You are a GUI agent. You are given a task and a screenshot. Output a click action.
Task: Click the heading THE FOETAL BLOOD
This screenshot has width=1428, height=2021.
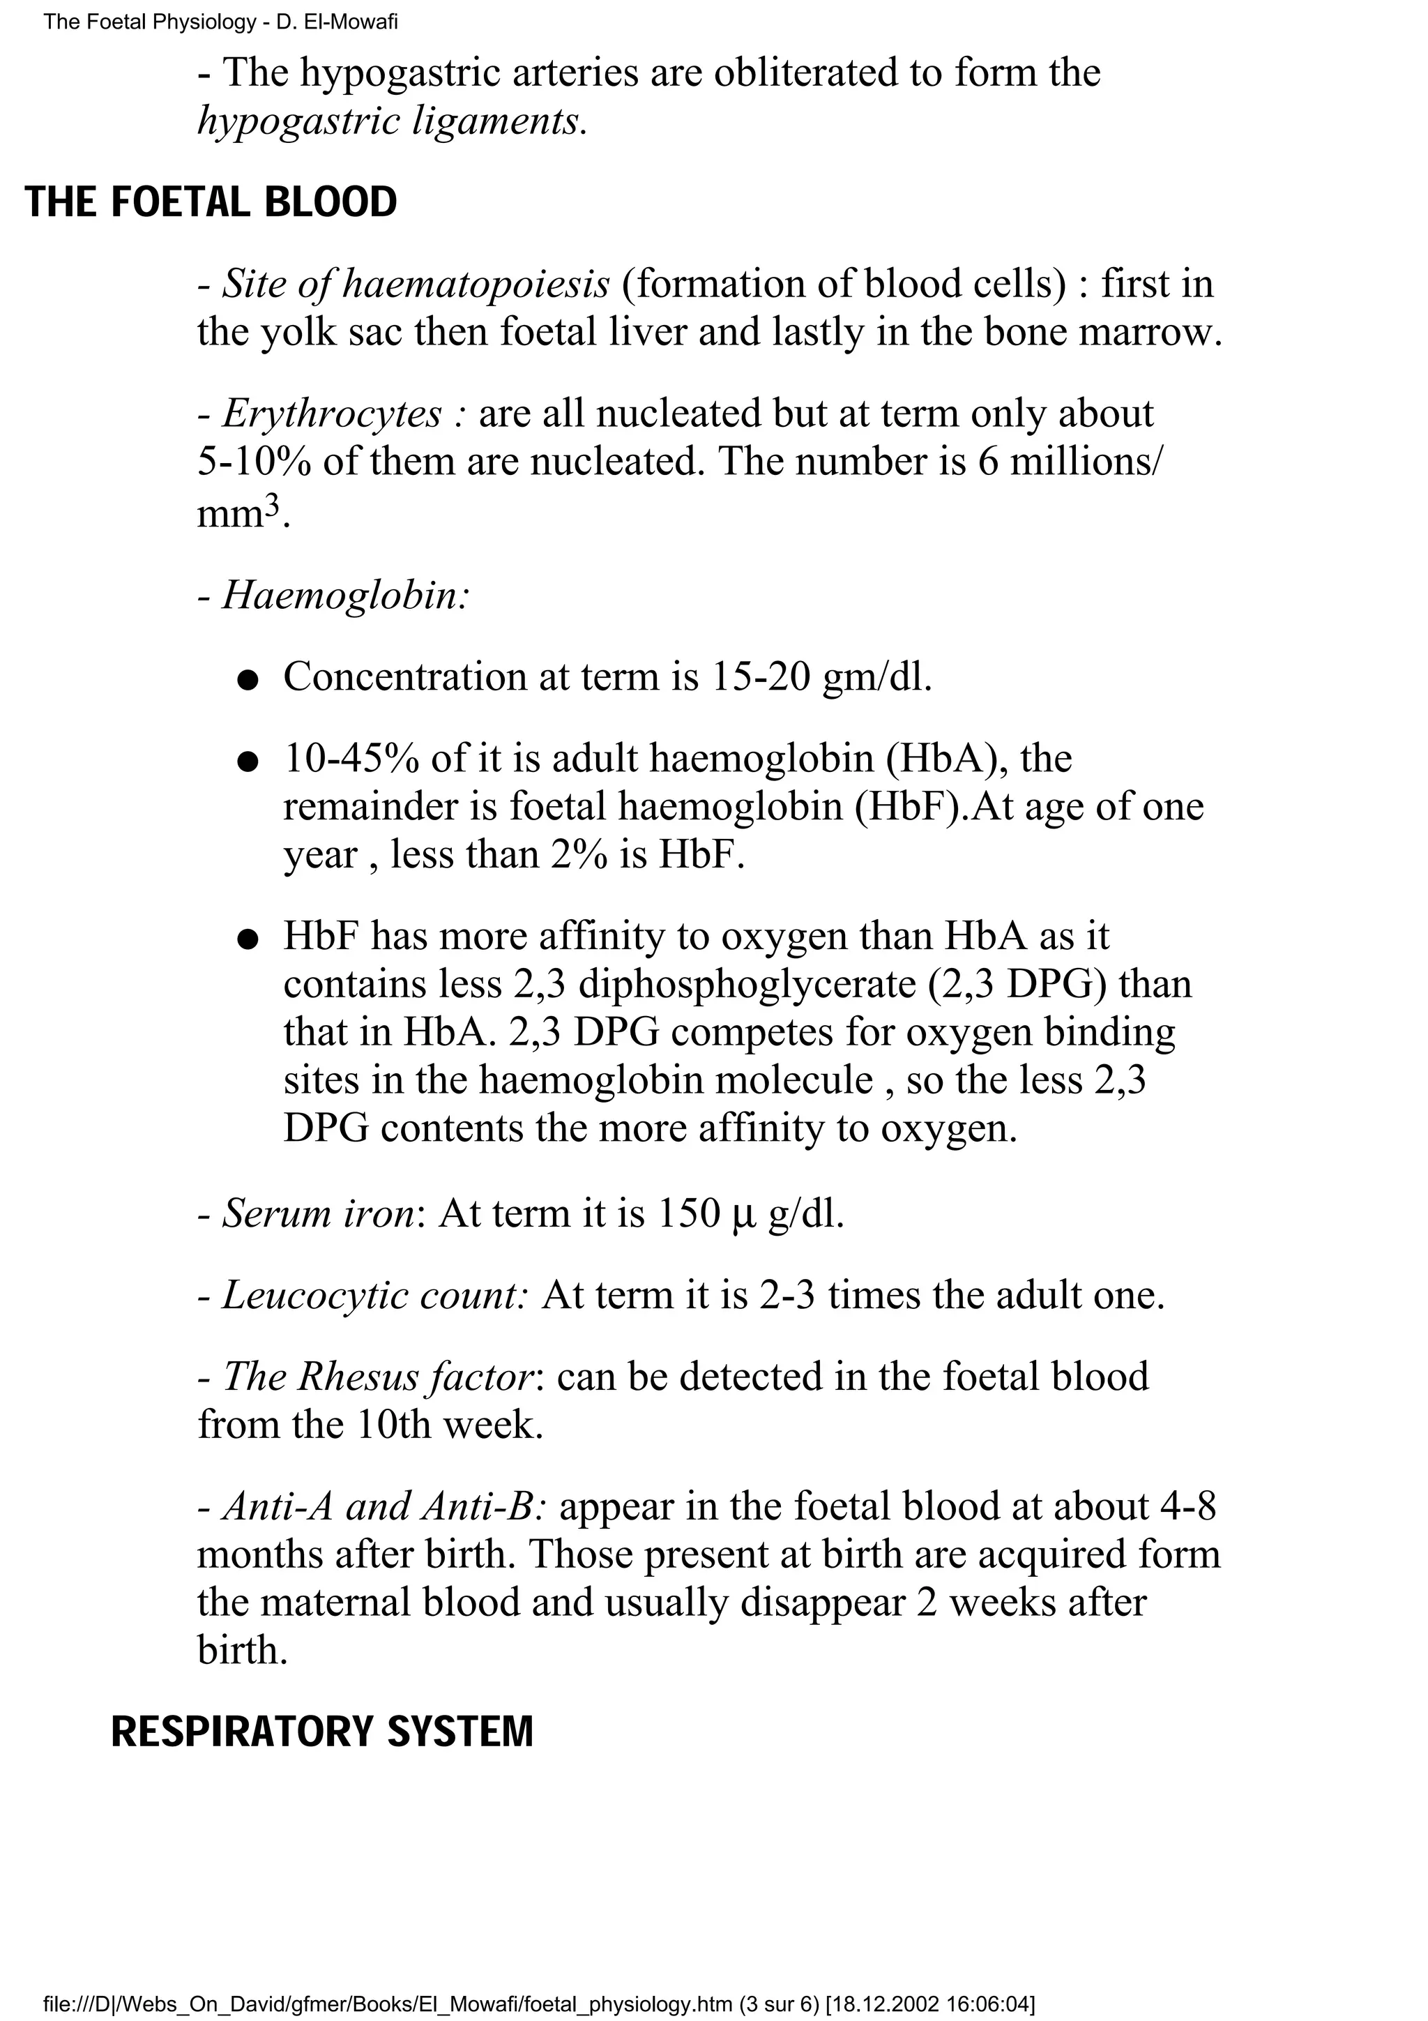(211, 202)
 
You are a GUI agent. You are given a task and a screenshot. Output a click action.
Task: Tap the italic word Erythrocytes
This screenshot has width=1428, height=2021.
(332, 414)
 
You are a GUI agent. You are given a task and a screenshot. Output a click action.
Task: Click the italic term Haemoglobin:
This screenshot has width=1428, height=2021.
(346, 596)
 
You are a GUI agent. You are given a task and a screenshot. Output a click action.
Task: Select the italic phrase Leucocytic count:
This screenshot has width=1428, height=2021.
(374, 1296)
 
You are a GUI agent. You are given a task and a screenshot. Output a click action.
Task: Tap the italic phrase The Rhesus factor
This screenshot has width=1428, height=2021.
(379, 1377)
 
